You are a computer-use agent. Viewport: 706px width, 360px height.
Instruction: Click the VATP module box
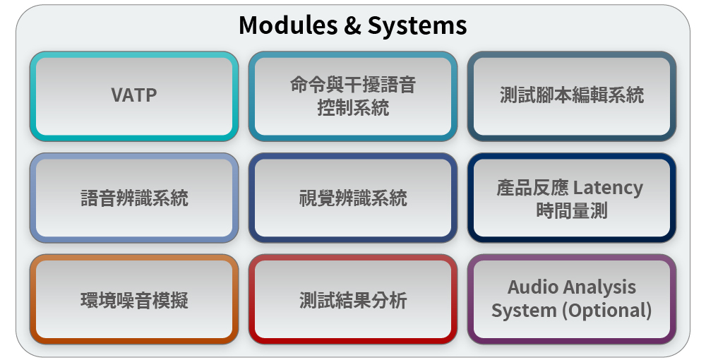pyautogui.click(x=134, y=96)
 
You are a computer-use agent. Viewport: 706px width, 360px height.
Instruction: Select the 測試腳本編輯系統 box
pyautogui.click(x=572, y=96)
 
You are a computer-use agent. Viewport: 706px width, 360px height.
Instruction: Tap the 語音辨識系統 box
pyautogui.click(x=134, y=198)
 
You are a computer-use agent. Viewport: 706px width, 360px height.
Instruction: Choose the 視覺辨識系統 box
pyautogui.click(x=353, y=198)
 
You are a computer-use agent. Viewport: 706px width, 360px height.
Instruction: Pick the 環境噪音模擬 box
pyautogui.click(x=134, y=300)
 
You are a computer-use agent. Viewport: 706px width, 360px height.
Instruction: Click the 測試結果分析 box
pyautogui.click(x=353, y=300)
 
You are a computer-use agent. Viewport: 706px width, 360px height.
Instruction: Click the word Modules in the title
pyautogui.click(x=288, y=25)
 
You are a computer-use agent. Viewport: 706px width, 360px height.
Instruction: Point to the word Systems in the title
pyautogui.click(x=417, y=26)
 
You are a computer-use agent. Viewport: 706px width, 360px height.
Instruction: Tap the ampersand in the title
pyautogui.click(x=352, y=25)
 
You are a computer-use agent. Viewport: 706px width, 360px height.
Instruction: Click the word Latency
pyautogui.click(x=609, y=188)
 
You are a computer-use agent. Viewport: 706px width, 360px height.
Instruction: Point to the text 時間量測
pyautogui.click(x=572, y=210)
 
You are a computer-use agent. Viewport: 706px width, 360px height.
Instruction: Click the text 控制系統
pyautogui.click(x=353, y=108)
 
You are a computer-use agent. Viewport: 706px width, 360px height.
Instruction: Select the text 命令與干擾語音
pyautogui.click(x=353, y=85)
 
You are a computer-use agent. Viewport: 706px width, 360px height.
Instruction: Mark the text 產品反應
pyautogui.click(x=532, y=188)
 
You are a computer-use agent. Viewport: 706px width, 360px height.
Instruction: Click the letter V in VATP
pyautogui.click(x=117, y=95)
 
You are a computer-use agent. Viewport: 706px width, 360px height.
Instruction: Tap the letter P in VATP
pyautogui.click(x=152, y=95)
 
